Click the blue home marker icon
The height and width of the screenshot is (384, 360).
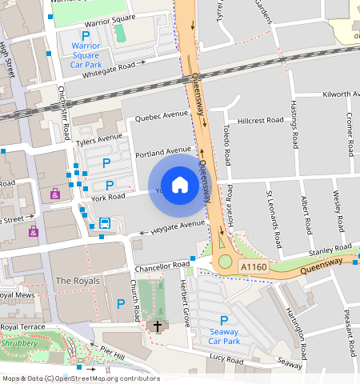pos(180,185)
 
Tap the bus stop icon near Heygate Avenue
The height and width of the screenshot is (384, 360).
pos(104,223)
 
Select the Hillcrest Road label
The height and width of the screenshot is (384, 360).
pos(261,121)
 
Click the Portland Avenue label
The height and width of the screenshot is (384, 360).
pos(163,150)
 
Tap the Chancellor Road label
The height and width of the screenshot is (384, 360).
pos(163,265)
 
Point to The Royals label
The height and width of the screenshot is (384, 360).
pos(78,282)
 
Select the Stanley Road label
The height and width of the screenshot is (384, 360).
pos(324,252)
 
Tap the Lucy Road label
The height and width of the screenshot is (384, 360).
pos(226,360)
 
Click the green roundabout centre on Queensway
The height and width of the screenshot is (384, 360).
pos(225,261)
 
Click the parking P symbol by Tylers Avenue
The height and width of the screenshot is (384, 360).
pos(106,163)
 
